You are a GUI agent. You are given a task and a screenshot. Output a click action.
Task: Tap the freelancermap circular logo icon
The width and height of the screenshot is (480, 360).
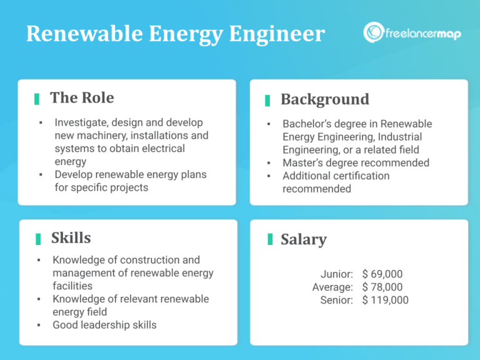point(374,32)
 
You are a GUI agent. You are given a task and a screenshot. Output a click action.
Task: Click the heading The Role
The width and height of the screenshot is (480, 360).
point(82,97)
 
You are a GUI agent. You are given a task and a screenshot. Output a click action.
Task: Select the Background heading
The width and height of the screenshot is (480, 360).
point(324,99)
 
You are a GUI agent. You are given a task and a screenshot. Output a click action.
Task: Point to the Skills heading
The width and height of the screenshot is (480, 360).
point(71,237)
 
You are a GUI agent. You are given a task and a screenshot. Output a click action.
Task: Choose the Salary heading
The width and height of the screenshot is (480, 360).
point(303,239)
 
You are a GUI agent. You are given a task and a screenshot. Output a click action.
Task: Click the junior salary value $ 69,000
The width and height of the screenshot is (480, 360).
point(382,274)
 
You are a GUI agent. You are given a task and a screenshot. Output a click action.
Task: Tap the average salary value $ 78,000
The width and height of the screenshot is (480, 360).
point(382,287)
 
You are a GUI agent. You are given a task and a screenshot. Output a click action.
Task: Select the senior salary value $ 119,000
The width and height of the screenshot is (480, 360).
point(385,300)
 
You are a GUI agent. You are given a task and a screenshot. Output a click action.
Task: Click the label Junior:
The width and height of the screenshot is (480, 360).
point(337,274)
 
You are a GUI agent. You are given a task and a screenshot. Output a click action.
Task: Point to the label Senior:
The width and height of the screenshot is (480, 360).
point(336,300)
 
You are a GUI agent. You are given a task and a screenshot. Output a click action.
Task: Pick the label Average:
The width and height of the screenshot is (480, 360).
point(332,287)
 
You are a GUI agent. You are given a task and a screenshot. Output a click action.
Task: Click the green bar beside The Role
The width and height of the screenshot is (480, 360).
point(37,99)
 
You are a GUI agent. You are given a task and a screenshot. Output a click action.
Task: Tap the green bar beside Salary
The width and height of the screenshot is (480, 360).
point(270,239)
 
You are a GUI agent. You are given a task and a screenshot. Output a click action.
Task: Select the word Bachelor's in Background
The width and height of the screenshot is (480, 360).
point(309,124)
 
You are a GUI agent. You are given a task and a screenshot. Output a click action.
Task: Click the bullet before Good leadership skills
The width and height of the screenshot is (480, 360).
point(39,325)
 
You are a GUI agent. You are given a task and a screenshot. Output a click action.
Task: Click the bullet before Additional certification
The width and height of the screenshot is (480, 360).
point(268,176)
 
